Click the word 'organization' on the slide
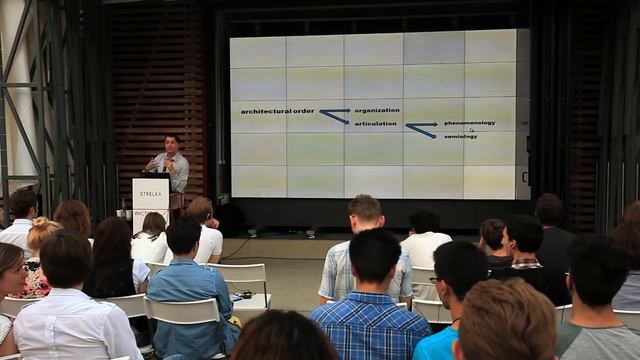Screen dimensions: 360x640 [x=377, y=110]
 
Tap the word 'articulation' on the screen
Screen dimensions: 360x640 [x=376, y=123]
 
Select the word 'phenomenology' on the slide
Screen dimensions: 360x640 [x=469, y=123]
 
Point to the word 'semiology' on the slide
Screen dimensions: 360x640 [x=461, y=136]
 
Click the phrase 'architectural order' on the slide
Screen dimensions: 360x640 [x=277, y=111]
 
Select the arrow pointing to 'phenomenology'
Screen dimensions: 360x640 [x=421, y=125]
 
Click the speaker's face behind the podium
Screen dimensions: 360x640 [x=171, y=142]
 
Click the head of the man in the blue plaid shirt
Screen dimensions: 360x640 [x=375, y=255]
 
